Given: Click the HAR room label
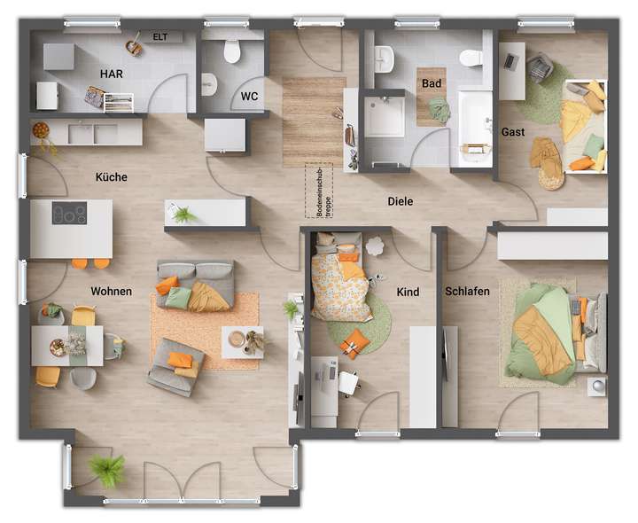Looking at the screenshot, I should [x=112, y=74].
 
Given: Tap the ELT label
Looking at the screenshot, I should [x=160, y=36].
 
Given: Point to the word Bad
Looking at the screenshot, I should [x=432, y=83].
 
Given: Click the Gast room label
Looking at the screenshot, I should [x=513, y=132].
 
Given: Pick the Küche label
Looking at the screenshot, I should [x=112, y=177].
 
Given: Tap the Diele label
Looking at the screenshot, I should [x=401, y=201].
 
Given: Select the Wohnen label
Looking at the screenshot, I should [x=111, y=292].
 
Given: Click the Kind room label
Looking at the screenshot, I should [x=408, y=292].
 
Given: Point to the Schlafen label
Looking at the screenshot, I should [x=468, y=292].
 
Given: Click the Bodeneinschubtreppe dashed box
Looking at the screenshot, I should [x=318, y=191].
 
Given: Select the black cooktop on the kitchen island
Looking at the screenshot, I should [x=69, y=214].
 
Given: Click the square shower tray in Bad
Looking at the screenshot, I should [x=385, y=116].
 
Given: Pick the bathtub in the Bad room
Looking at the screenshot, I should [x=475, y=127].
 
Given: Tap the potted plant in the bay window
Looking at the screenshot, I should [x=107, y=470].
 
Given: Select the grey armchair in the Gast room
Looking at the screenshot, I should [x=540, y=67].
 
